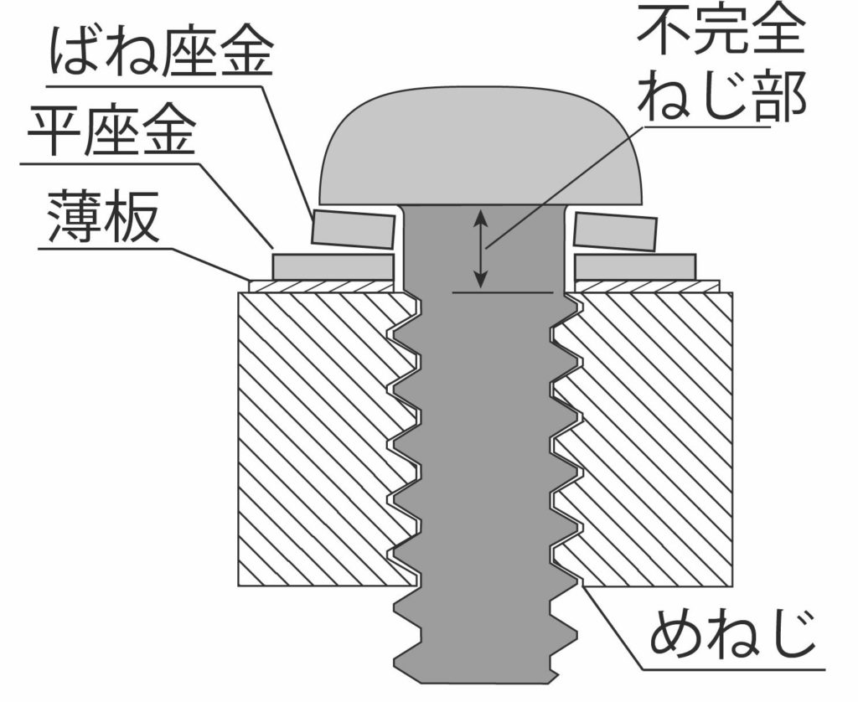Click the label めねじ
[732, 637]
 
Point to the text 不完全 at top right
[720, 32]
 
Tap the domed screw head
[482, 151]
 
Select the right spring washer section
[613, 231]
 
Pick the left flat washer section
[333, 266]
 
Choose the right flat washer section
[634, 266]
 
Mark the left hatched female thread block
[318, 436]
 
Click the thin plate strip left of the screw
[323, 286]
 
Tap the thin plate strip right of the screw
[645, 286]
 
